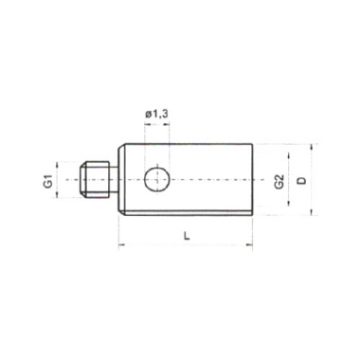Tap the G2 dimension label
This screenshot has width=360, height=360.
point(279,182)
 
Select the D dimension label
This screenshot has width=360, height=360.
point(302,180)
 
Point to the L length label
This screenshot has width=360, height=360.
point(187,236)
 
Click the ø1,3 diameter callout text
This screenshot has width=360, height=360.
point(156,115)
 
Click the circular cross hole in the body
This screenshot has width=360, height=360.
point(156,180)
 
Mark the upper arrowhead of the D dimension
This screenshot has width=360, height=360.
point(312,147)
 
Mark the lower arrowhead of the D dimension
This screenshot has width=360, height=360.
point(312,212)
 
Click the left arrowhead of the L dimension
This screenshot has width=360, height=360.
point(122,244)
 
